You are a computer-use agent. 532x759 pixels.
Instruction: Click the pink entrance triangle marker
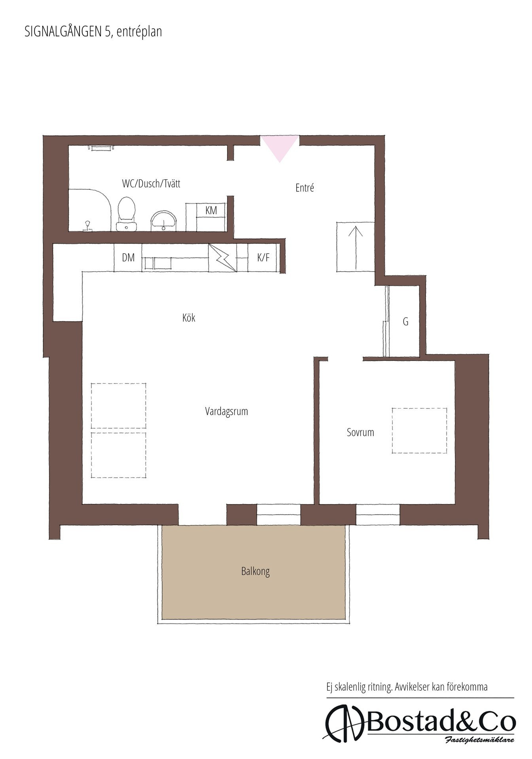279,146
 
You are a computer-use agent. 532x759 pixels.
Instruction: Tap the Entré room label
305,187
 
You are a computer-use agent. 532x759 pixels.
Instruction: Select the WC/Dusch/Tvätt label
151,183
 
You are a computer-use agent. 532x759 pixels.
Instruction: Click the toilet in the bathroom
127,214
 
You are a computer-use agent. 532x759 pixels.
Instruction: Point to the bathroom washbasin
163,221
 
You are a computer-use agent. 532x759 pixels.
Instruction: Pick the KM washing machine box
211,210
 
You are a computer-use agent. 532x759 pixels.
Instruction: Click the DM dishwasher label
128,258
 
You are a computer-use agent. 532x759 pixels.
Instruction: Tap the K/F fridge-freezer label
263,258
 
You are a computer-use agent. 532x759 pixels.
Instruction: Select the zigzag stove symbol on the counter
222,258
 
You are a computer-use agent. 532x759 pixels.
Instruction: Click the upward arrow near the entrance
356,248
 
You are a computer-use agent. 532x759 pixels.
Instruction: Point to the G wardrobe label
405,322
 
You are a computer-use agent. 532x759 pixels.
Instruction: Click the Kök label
189,317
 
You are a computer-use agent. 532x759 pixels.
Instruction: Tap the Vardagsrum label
227,411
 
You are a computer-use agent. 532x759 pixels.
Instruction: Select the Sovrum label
360,432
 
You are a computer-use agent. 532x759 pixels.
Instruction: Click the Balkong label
256,571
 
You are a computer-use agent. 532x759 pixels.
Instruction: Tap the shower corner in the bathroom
89,210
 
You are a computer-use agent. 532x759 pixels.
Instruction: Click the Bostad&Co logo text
441,723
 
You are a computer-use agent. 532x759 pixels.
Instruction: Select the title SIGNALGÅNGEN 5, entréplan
93,32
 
